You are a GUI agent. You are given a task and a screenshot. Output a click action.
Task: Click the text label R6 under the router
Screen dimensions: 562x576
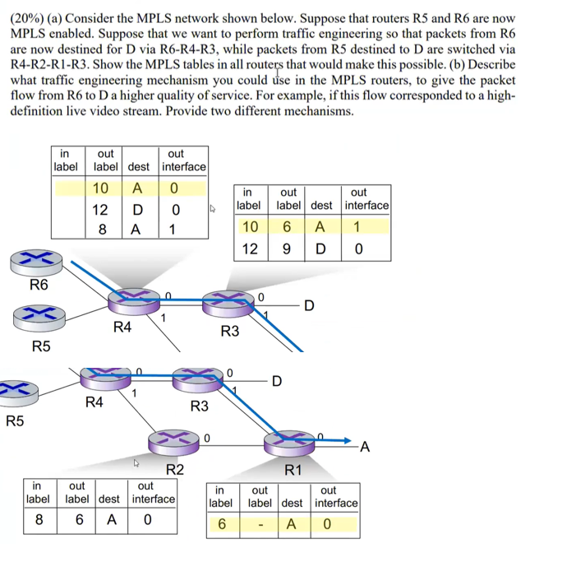click(x=39, y=286)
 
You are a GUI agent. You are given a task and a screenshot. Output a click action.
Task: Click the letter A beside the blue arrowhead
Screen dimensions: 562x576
click(x=365, y=447)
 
